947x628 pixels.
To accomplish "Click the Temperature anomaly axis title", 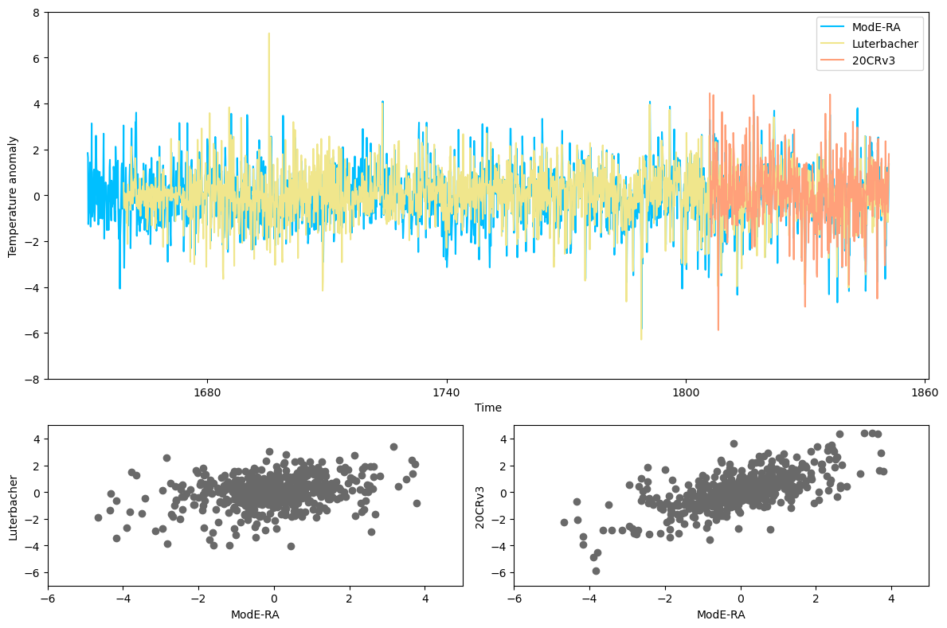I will (x=12, y=195).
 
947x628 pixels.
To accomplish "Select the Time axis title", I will (x=487, y=408).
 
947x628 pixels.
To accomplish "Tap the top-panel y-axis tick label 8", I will (x=37, y=13).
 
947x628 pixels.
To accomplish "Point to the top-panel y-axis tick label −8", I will (x=33, y=379).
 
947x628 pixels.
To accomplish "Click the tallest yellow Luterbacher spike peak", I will (x=268, y=33).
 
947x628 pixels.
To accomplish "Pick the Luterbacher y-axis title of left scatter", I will (x=12, y=507).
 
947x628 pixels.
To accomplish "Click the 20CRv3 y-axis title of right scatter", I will (x=479, y=507).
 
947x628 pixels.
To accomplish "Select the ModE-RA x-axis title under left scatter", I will (x=255, y=614).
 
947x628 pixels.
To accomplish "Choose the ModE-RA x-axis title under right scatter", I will (x=721, y=614).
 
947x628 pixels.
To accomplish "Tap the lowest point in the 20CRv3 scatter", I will (x=596, y=571).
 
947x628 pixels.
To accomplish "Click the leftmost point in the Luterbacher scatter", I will (x=99, y=517).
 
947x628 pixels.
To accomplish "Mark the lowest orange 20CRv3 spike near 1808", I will (x=718, y=330).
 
